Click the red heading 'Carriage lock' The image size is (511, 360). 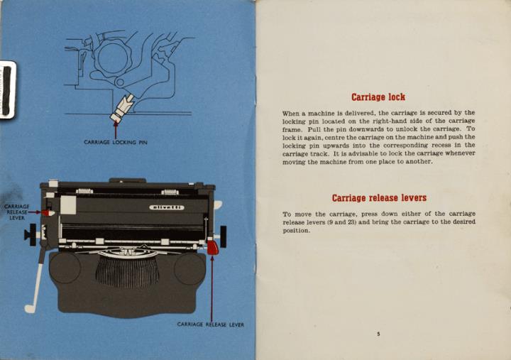pos(378,97)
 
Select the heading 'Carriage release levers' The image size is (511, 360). pos(379,198)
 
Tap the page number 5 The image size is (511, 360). pos(378,334)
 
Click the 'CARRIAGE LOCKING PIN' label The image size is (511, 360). pos(116,142)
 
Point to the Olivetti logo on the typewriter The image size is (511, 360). pos(167,207)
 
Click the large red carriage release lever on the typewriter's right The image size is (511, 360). pos(212,247)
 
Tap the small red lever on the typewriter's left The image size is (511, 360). pos(48,212)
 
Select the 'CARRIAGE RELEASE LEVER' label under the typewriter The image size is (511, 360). pos(211,324)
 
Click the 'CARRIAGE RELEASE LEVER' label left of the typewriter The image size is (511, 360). pos(17,212)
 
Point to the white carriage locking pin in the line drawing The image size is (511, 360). pos(122,108)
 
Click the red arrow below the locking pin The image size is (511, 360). pos(116,130)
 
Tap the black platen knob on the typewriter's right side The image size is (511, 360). pos(224,236)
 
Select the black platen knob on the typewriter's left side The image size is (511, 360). pos(32,235)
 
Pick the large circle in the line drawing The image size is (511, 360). pos(113,58)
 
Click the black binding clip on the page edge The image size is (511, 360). pos(7,90)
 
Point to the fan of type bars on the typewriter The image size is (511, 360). pos(128,271)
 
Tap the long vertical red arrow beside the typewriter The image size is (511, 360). pos(211,288)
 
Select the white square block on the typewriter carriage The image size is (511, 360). pos(68,205)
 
